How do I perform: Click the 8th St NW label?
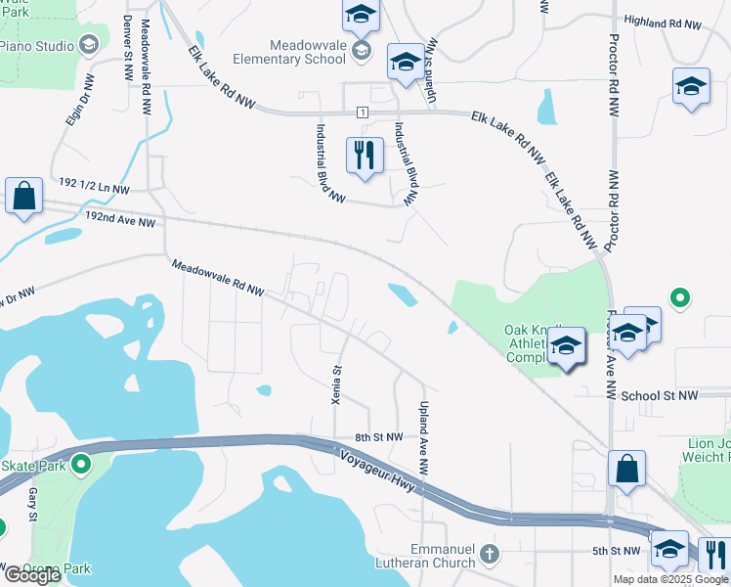click(x=380, y=437)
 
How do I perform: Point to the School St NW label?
click(x=660, y=395)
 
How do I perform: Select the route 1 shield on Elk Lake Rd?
click(x=363, y=113)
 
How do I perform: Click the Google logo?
click(x=32, y=575)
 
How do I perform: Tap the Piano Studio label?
click(x=37, y=45)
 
